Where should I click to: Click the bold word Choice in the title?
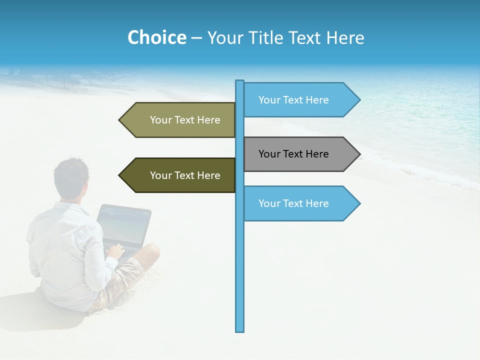(x=156, y=37)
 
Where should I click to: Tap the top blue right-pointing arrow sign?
(x=300, y=99)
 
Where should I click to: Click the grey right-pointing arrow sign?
(x=300, y=154)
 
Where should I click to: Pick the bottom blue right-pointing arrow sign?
(x=300, y=203)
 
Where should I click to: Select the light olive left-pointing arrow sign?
(x=180, y=120)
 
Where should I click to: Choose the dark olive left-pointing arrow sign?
(x=180, y=175)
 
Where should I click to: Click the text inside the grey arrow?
(x=293, y=154)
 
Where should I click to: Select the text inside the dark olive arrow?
(x=185, y=175)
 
